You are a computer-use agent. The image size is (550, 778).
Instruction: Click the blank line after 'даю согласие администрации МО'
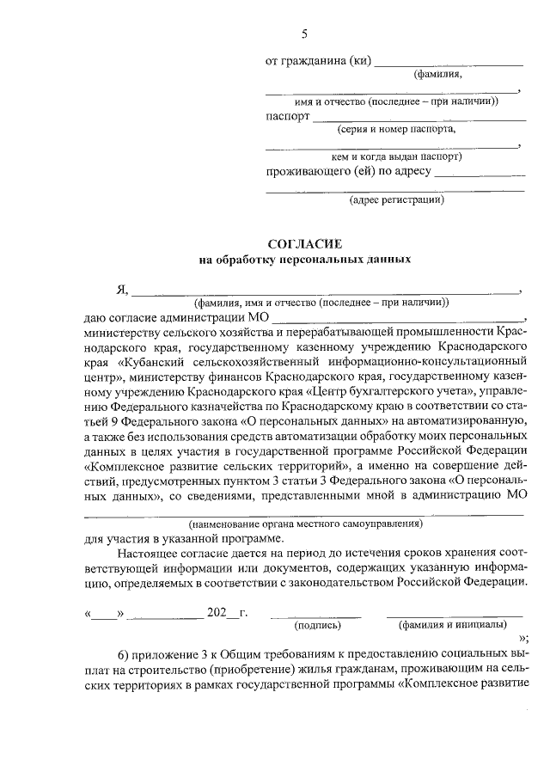click(x=397, y=319)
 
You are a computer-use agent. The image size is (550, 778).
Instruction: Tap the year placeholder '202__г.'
click(x=228, y=613)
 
